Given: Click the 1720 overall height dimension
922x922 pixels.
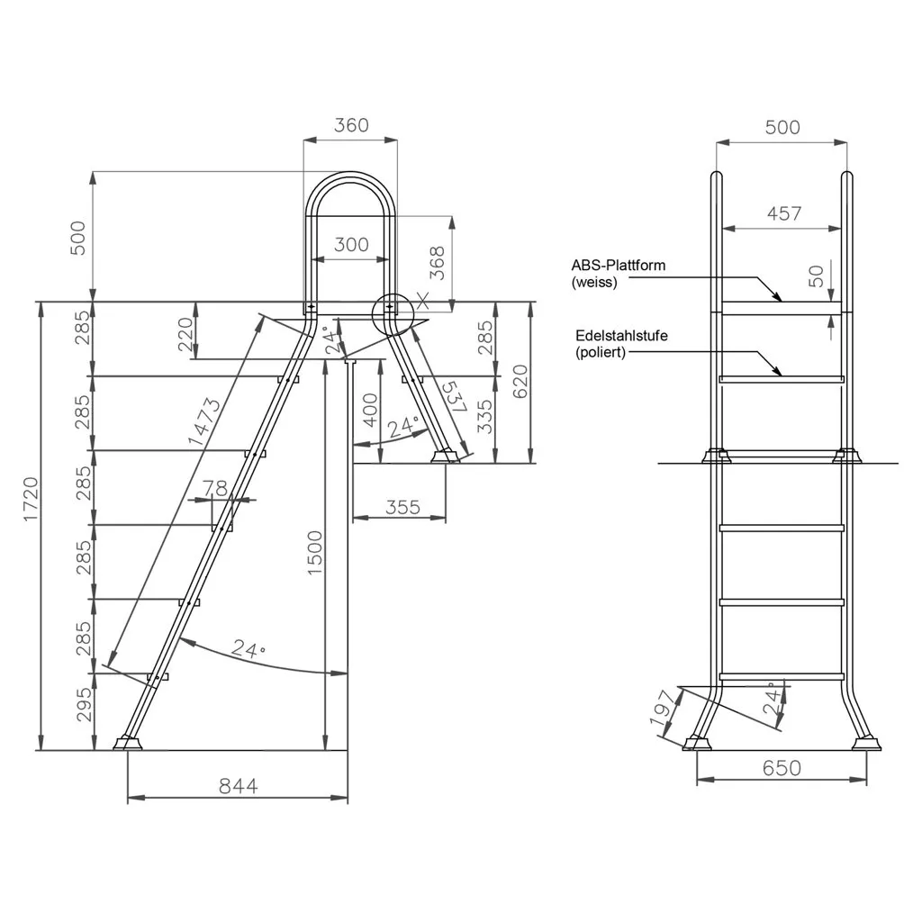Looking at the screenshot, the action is (31, 499).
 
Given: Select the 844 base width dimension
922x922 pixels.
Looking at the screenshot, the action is (238, 786).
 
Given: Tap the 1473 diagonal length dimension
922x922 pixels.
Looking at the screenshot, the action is (203, 421).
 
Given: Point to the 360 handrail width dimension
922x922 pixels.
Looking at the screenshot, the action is (351, 125).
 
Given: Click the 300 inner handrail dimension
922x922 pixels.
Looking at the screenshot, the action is (351, 244).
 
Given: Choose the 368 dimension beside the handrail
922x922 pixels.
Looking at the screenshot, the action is (437, 262).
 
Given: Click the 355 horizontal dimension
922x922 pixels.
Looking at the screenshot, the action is (402, 507).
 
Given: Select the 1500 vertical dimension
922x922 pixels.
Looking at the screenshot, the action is (315, 553).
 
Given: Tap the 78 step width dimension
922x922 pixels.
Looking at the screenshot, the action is (214, 488).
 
